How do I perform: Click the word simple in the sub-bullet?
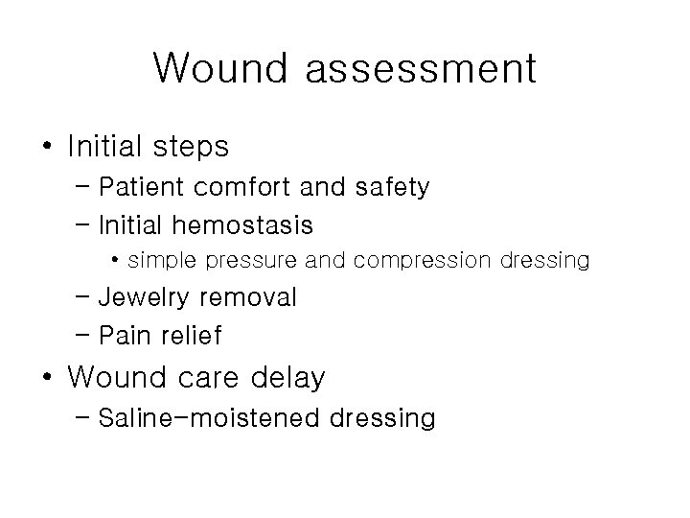click(x=157, y=260)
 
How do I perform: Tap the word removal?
click(x=253, y=298)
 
